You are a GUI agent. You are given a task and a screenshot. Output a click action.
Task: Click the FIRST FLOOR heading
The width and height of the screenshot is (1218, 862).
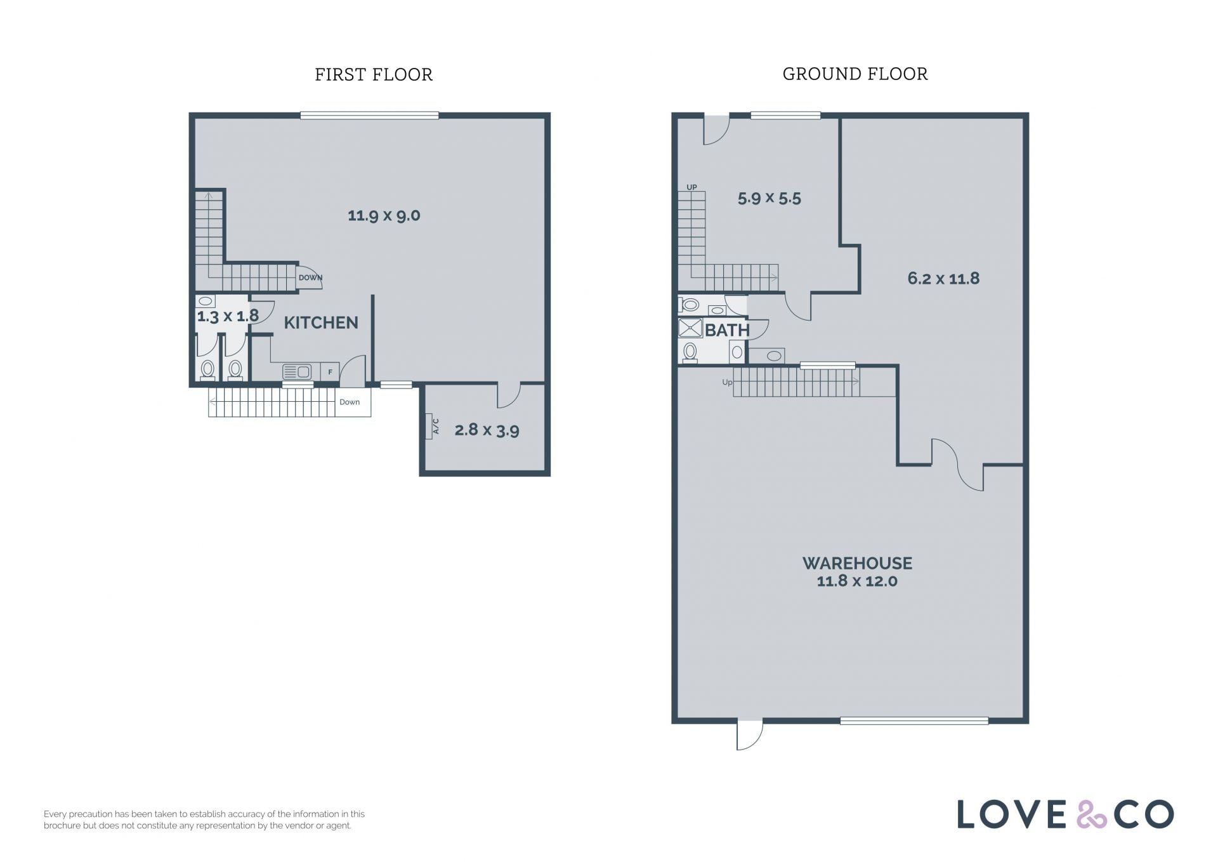[x=374, y=75]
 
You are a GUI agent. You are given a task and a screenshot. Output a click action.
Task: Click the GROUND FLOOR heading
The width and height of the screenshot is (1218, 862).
[x=855, y=74]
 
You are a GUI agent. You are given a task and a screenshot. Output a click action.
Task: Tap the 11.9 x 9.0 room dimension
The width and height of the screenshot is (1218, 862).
[x=384, y=216]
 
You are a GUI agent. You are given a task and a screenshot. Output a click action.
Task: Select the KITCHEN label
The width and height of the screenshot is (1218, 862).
[x=321, y=322]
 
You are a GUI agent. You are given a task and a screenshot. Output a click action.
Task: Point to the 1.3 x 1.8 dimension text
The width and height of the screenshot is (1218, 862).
[x=228, y=316]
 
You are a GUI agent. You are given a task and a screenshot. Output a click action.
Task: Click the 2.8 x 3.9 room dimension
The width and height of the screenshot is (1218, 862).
[x=487, y=430]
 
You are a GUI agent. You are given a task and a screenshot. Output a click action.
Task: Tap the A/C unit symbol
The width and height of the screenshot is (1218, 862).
[x=435, y=426]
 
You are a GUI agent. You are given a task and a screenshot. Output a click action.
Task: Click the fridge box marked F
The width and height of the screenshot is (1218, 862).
[x=330, y=372]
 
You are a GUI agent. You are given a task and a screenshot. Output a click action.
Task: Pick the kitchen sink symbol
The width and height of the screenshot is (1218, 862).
[x=297, y=372]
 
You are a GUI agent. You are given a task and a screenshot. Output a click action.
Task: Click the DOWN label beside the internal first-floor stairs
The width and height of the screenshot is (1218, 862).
[x=310, y=277]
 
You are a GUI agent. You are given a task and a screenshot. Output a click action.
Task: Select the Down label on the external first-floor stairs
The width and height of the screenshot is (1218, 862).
[x=350, y=402]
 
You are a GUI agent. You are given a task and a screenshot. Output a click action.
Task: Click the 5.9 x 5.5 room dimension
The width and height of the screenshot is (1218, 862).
[x=769, y=199]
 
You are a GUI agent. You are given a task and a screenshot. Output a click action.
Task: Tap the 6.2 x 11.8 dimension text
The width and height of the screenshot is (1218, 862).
[x=943, y=279]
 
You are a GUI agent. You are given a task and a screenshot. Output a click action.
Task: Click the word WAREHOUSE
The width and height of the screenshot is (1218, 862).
[x=857, y=563]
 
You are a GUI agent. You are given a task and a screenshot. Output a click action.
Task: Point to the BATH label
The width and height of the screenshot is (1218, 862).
[x=727, y=330]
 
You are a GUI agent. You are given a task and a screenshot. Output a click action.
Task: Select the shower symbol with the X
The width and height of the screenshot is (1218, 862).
[x=690, y=328]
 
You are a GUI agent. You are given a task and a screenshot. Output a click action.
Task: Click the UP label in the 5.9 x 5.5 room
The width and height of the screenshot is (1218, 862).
[x=691, y=187]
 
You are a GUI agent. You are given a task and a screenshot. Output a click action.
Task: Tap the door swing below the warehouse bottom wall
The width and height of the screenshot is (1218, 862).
[x=749, y=736]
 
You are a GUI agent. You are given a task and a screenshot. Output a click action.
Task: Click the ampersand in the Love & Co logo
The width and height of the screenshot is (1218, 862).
[x=1091, y=814]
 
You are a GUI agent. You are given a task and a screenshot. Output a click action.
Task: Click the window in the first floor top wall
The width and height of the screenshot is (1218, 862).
[x=369, y=116]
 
